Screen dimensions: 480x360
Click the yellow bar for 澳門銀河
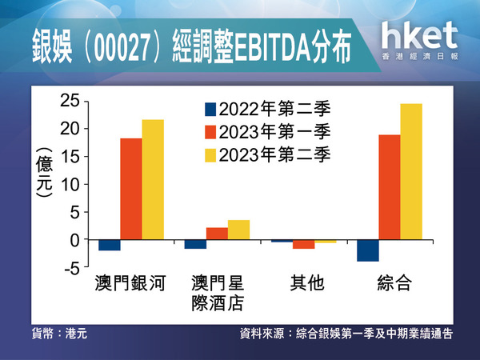click(x=153, y=179)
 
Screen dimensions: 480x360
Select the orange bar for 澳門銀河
click(x=131, y=189)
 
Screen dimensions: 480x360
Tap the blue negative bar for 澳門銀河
click(x=110, y=246)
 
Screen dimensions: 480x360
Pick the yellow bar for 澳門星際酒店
click(x=238, y=230)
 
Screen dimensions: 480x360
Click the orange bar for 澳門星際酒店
click(x=217, y=234)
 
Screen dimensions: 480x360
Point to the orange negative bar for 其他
click(x=304, y=244)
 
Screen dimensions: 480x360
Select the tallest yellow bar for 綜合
click(x=411, y=171)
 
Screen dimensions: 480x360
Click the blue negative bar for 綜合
click(x=368, y=250)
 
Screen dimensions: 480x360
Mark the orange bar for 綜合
click(x=390, y=187)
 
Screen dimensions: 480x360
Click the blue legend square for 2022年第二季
click(x=210, y=110)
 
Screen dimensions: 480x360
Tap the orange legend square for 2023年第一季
click(x=210, y=132)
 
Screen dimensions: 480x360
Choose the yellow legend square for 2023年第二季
click(x=210, y=155)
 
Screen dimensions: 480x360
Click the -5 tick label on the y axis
click(x=72, y=268)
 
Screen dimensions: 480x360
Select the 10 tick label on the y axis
click(x=70, y=184)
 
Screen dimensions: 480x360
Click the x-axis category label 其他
click(x=307, y=283)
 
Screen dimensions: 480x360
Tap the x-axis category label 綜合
click(x=394, y=283)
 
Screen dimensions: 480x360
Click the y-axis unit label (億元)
click(x=44, y=173)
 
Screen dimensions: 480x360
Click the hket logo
click(x=420, y=40)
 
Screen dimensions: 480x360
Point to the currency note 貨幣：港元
click(x=59, y=334)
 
